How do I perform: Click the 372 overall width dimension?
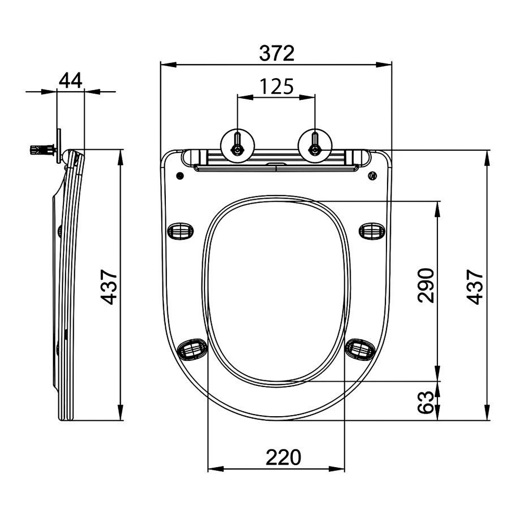[x=276, y=53]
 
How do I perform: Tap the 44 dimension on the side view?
[x=71, y=81]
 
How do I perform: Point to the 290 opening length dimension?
[x=426, y=285]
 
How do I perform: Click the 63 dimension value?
[x=426, y=402]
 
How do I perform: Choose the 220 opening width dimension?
[x=283, y=457]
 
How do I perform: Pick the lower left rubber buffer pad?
[x=192, y=348]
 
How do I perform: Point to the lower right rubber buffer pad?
[x=360, y=348]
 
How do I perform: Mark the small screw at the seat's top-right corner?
[x=372, y=175]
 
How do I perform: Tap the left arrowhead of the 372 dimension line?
[x=166, y=64]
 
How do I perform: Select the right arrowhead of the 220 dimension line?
[x=339, y=469]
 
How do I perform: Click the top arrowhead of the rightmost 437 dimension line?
[x=487, y=157]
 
